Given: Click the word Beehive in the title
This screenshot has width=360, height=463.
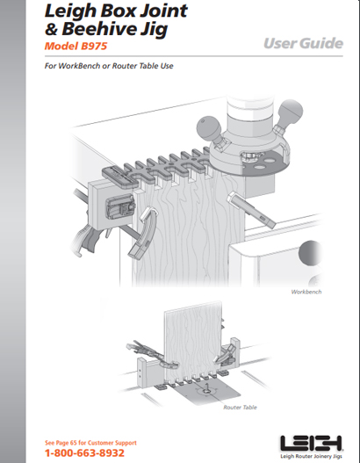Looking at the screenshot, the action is coord(99,29).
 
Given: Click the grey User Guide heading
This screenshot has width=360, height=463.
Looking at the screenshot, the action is coord(303,43).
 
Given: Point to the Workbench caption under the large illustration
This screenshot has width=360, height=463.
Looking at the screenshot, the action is coord(306,292).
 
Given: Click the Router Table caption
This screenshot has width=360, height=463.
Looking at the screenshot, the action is coord(240,408).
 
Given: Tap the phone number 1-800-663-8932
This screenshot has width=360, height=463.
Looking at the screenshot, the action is coord(84,453).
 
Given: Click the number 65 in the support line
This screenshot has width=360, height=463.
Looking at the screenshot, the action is coord(74,443).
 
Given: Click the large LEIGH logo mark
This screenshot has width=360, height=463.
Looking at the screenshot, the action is coord(311,443).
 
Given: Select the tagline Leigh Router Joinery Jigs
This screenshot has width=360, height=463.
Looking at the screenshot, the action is coord(311,456).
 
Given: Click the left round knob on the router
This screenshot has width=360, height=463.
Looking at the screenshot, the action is coord(209,127).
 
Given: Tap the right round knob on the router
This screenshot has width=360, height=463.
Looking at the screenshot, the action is coord(291,112).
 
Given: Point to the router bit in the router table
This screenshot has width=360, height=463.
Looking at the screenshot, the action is coord(207,387).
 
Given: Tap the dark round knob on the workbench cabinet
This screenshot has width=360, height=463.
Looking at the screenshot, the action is coord(311,253).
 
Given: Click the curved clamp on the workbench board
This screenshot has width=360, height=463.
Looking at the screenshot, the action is coord(144,234).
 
